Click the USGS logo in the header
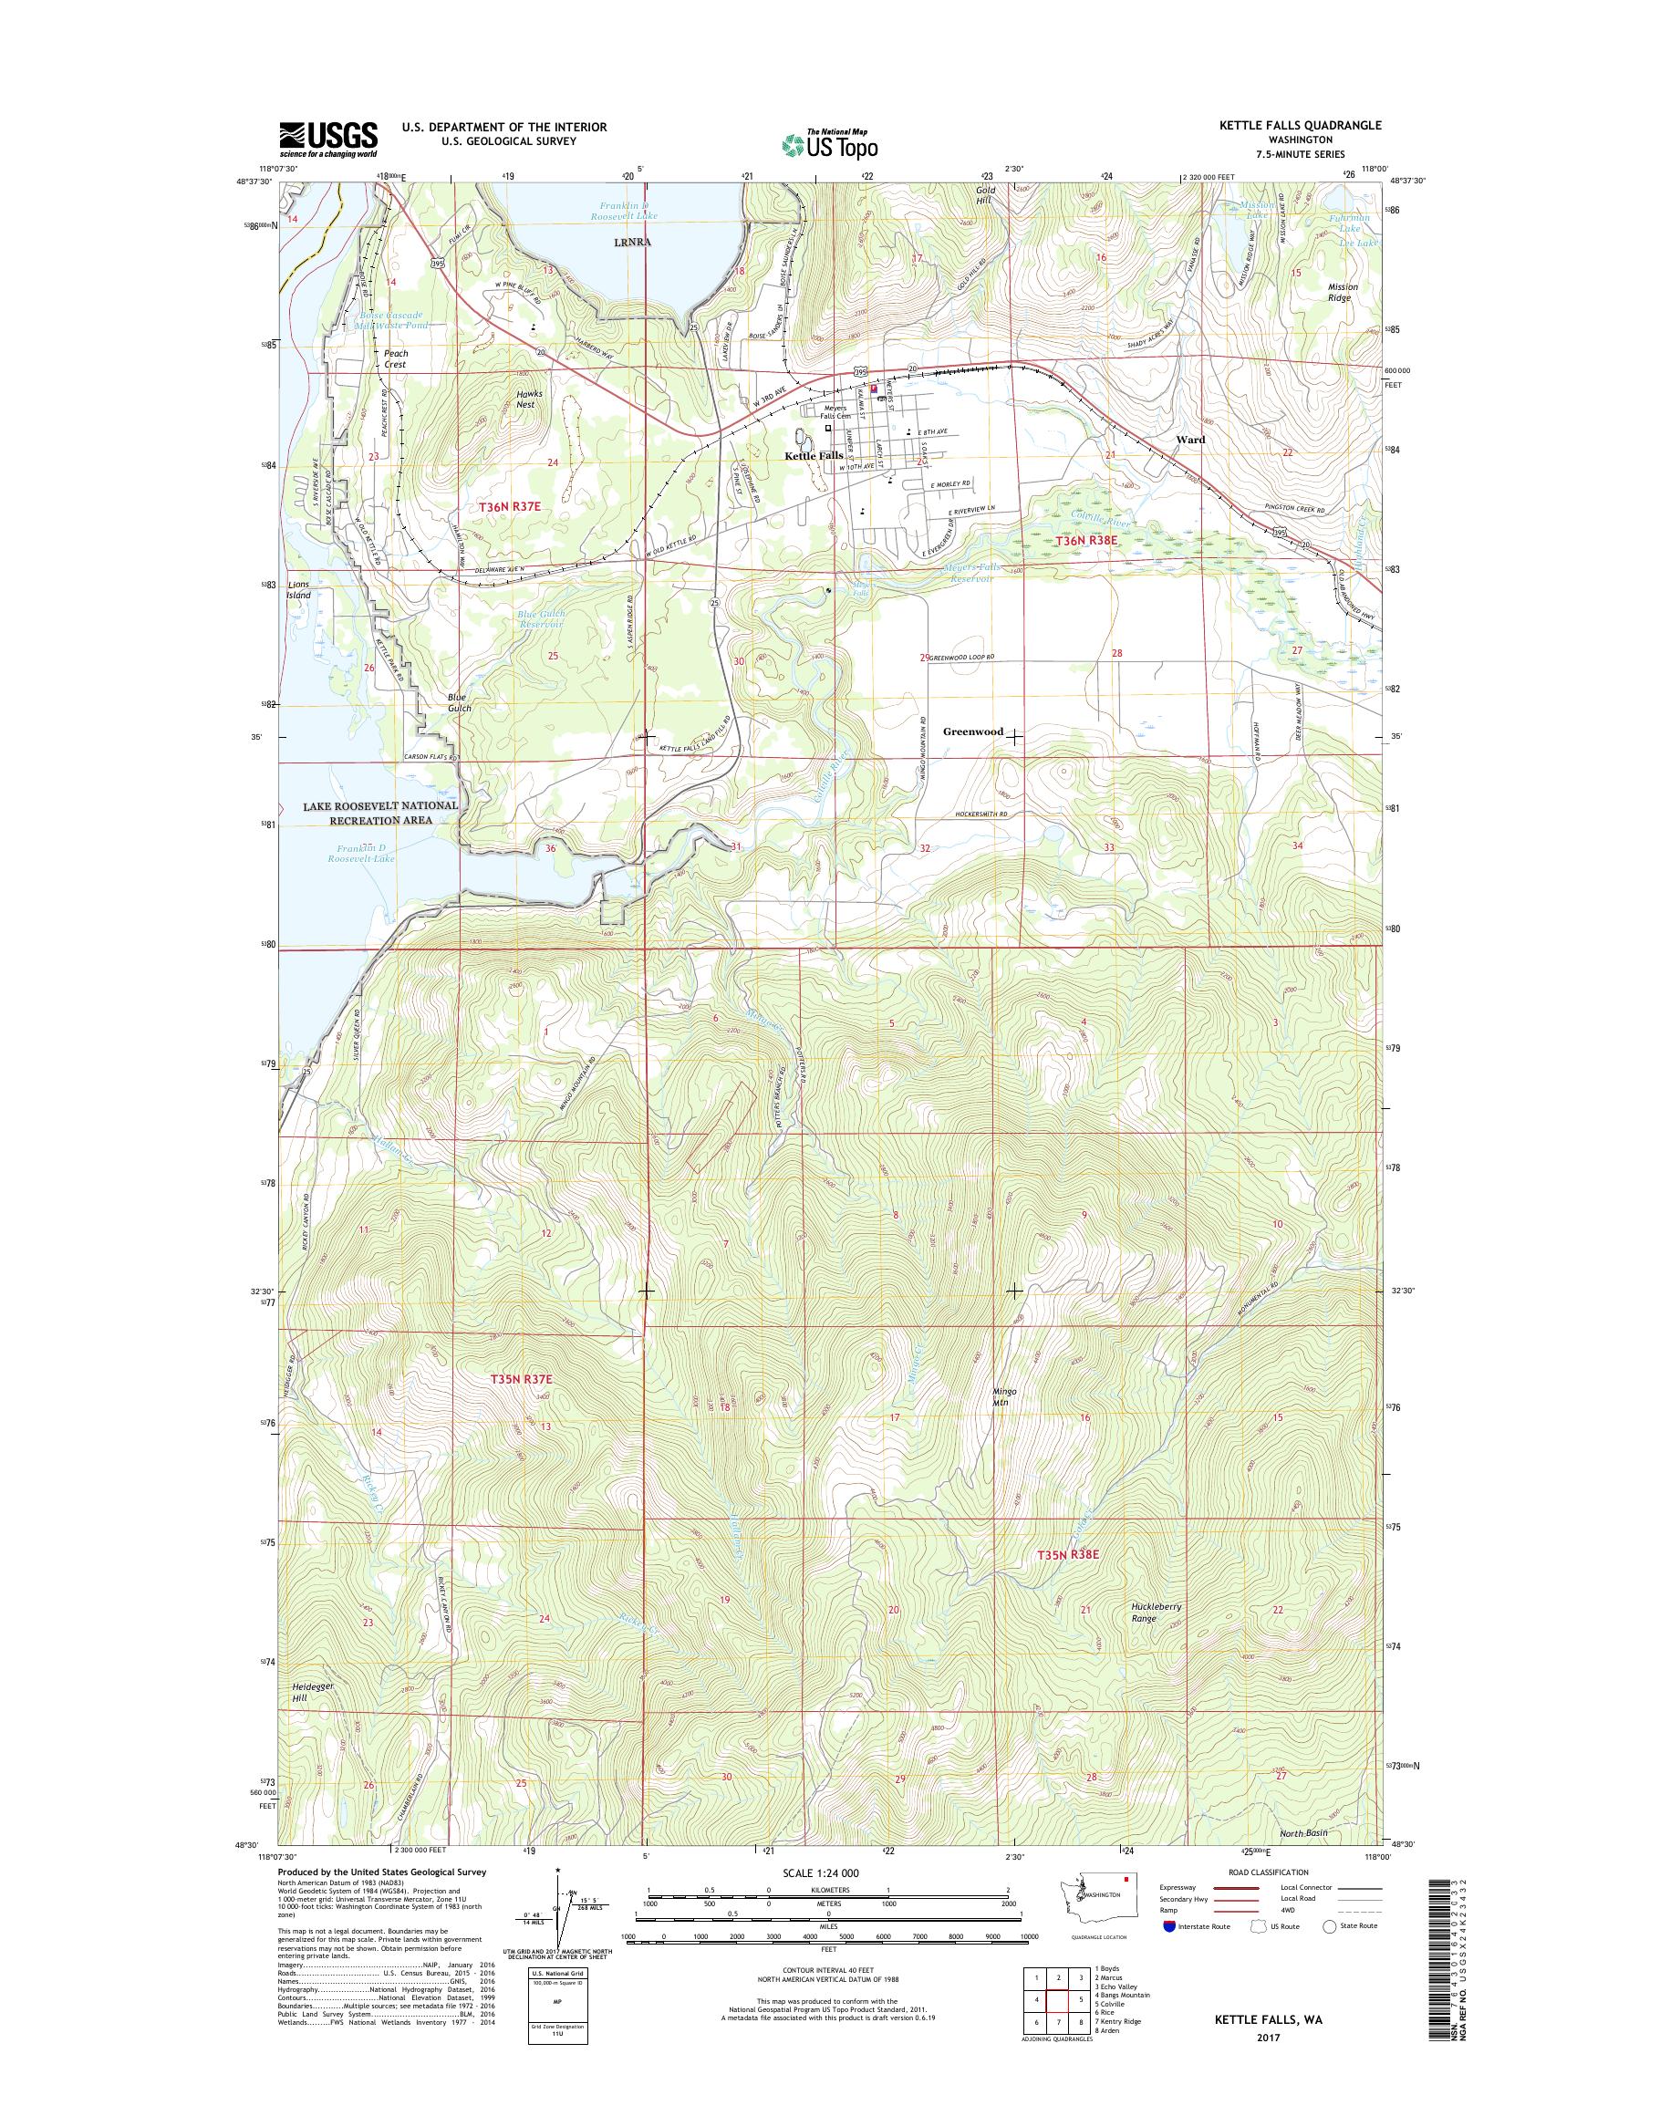point(327,139)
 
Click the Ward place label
point(1189,440)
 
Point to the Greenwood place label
point(973,731)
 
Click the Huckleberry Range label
point(1156,1613)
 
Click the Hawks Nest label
point(524,399)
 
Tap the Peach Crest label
point(395,358)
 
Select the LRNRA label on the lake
point(631,243)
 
